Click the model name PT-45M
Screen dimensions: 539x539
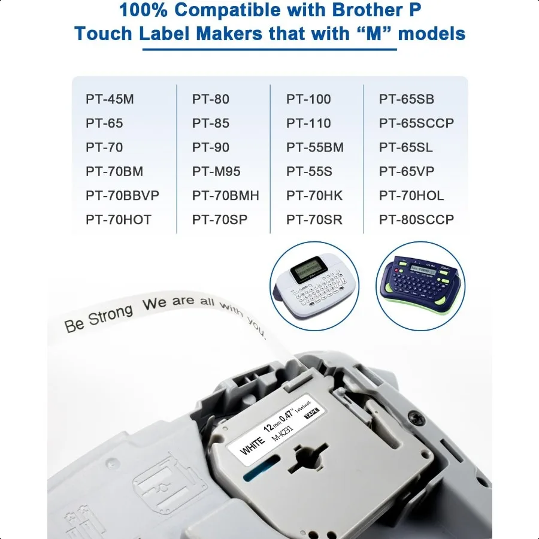tap(110, 99)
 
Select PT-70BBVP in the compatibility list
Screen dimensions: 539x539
tap(122, 196)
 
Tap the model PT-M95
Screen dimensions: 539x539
tap(216, 172)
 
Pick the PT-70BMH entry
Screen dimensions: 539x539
tap(226, 196)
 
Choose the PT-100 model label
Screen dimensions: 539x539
tap(308, 99)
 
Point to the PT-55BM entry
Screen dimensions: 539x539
tap(315, 147)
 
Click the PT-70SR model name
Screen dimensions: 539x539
tap(314, 220)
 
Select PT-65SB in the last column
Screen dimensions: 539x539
tap(407, 99)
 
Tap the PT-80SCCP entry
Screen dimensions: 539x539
tap(416, 220)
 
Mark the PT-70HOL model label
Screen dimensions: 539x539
tap(411, 196)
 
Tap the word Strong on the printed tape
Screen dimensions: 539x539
tap(110, 316)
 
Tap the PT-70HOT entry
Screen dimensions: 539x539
tap(119, 220)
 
